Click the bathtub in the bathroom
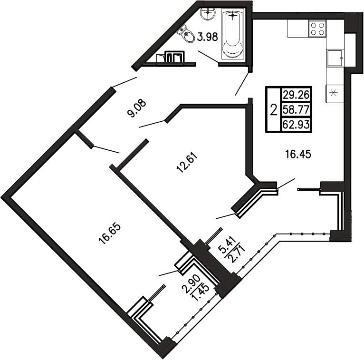233,34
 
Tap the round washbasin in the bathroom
208,14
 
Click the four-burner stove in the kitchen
317,29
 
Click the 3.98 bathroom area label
207,37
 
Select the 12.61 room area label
187,163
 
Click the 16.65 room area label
110,234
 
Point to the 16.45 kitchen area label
298,154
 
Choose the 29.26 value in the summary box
296,95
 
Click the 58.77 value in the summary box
296,110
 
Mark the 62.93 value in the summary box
296,125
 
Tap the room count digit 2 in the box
274,110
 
